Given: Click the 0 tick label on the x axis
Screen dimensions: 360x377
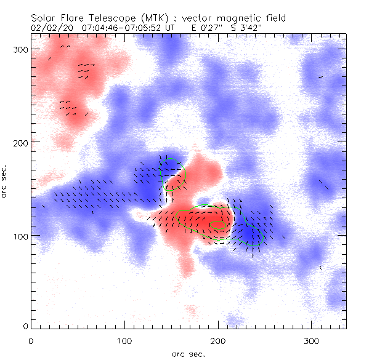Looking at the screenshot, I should tap(31, 340).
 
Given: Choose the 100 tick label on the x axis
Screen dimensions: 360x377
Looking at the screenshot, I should tap(124, 340).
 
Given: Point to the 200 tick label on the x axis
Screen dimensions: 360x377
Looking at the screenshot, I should tap(218, 340).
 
